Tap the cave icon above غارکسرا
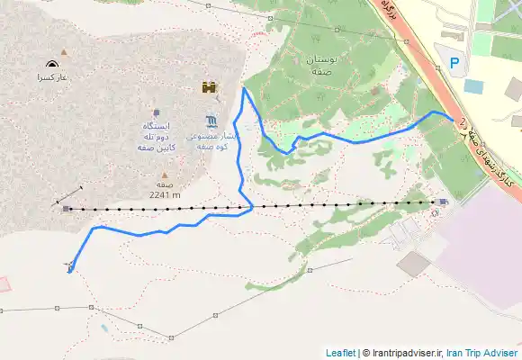click(x=50, y=65)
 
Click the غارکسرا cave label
click(x=51, y=78)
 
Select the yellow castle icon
click(x=209, y=88)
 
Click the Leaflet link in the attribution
click(x=340, y=353)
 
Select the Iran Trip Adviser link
click(x=484, y=353)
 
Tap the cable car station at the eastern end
click(x=442, y=202)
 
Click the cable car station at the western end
click(x=67, y=209)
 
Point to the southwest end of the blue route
click(x=68, y=271)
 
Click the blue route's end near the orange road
click(x=452, y=119)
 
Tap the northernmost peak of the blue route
click(x=244, y=88)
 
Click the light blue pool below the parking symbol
click(x=473, y=87)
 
